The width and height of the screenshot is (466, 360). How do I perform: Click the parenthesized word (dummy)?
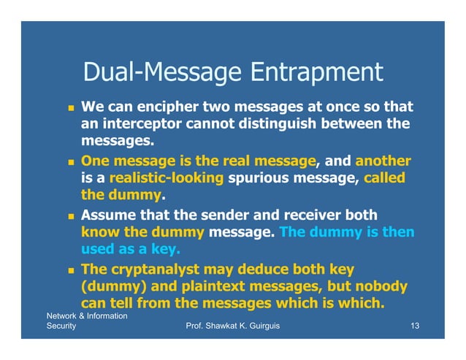point(112,286)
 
